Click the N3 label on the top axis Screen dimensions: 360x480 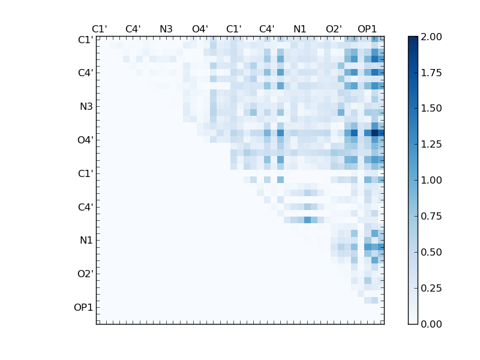tap(166, 29)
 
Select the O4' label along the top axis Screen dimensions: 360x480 tap(200, 29)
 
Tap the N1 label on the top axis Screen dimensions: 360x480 tap(300, 29)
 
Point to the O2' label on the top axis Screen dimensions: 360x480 tap(334, 29)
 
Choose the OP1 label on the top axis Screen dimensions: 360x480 tap(367, 29)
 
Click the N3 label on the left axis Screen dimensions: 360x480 tap(86, 106)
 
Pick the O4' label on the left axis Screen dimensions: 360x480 tap(85, 140)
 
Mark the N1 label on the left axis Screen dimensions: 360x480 tap(86, 240)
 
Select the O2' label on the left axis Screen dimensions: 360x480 tap(85, 274)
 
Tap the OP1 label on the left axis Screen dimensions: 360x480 tap(83, 307)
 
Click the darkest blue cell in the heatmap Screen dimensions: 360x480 tap(375, 133)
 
